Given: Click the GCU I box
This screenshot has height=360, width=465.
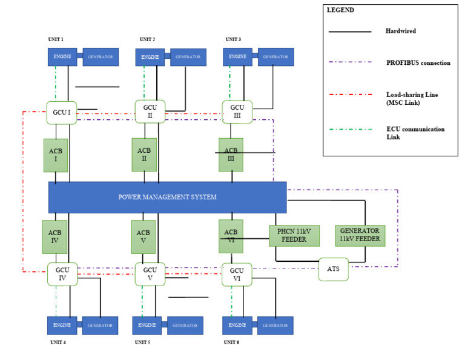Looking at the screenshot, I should (x=62, y=113).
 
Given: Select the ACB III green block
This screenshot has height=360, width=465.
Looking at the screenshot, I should (x=231, y=155).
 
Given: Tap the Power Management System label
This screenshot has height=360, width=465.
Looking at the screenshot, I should (x=167, y=197).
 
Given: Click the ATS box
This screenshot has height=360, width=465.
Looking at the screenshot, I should (x=333, y=269).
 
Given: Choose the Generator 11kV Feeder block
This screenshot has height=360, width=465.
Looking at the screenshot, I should (x=360, y=235).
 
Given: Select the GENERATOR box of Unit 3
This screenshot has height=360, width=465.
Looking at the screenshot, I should (x=275, y=57).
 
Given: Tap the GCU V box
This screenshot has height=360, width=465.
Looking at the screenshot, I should (x=150, y=274).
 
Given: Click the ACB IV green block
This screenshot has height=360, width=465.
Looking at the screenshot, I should (x=54, y=236).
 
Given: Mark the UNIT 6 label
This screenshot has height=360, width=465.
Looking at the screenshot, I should (x=232, y=342).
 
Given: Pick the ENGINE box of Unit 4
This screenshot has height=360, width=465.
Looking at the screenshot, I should (x=62, y=325).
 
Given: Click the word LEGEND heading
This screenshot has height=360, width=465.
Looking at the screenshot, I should (x=340, y=10).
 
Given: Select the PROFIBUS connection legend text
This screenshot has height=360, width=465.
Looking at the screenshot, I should (x=417, y=62).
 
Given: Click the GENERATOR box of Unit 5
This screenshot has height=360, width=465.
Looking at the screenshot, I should (x=185, y=325).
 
